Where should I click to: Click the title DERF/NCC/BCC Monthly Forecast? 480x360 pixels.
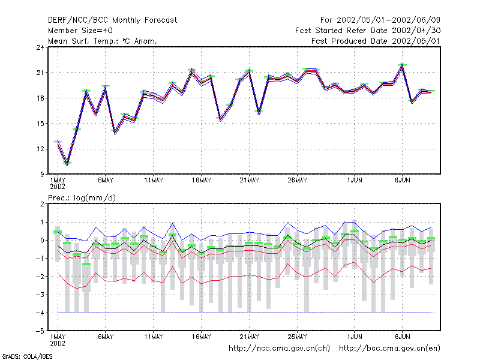tap(112, 20)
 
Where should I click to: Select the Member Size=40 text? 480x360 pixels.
tap(80, 31)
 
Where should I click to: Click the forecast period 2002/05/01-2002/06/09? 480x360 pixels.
tap(388, 20)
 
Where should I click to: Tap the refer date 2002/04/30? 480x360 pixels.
tap(416, 31)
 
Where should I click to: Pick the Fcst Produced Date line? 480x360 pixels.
tap(376, 41)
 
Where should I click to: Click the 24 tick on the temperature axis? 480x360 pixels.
tap(40, 47)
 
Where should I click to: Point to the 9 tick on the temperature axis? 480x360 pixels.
tap(42, 175)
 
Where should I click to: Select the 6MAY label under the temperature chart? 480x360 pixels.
tap(106, 181)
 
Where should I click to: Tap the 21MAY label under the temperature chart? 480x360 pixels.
tap(249, 181)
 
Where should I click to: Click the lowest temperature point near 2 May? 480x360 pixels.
tap(67, 164)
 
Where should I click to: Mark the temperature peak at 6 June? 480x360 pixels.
tap(403, 65)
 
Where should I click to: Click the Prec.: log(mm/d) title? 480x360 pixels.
tap(82, 198)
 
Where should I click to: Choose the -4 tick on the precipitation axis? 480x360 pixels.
tap(40, 313)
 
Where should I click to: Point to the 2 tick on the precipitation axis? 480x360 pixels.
tap(42, 204)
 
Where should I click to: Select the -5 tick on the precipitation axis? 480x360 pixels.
tap(40, 331)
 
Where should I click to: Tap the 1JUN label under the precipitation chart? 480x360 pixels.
tap(355, 337)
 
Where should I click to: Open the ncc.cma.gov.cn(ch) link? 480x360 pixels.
tap(279, 349)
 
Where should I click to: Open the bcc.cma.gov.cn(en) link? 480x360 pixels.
tap(389, 349)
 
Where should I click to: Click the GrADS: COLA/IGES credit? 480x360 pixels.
tap(27, 356)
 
